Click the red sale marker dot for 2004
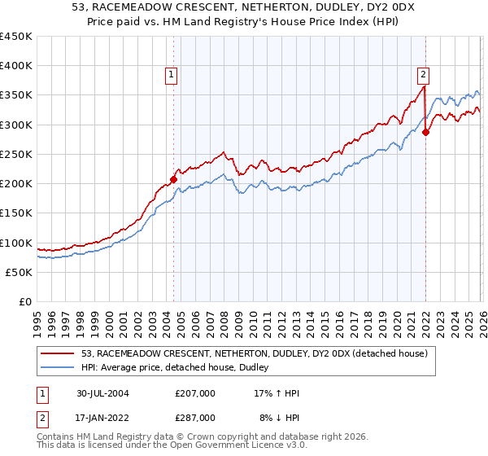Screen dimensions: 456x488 (173, 179)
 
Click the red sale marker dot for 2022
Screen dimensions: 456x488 (425, 133)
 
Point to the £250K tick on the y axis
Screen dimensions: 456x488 (16, 154)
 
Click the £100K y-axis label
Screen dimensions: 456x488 (16, 243)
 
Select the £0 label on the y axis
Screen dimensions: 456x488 (25, 301)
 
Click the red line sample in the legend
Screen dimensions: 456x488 (59, 353)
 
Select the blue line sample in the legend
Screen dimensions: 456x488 (59, 368)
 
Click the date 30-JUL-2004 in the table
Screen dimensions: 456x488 (103, 392)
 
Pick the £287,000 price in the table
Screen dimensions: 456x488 (195, 417)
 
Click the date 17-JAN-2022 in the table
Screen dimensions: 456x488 (103, 417)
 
